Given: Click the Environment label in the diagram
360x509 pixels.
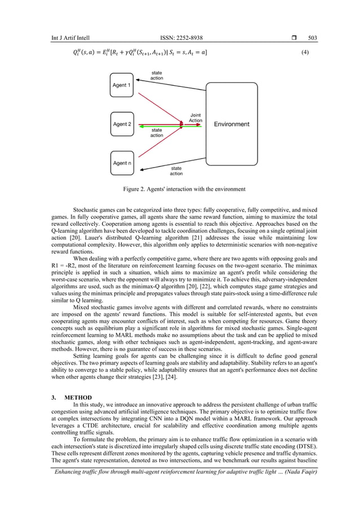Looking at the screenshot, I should pyautogui.click(x=231, y=124).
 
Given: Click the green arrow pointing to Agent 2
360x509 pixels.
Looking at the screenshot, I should pyautogui.click(x=164, y=126).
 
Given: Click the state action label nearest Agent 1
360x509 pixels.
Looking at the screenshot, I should pyautogui.click(x=157, y=75).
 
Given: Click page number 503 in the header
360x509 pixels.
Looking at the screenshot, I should pyautogui.click(x=313, y=38).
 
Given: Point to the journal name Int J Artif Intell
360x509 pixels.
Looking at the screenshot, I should pyautogui.click(x=71, y=38).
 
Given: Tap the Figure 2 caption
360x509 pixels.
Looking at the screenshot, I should pyautogui.click(x=180, y=189).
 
